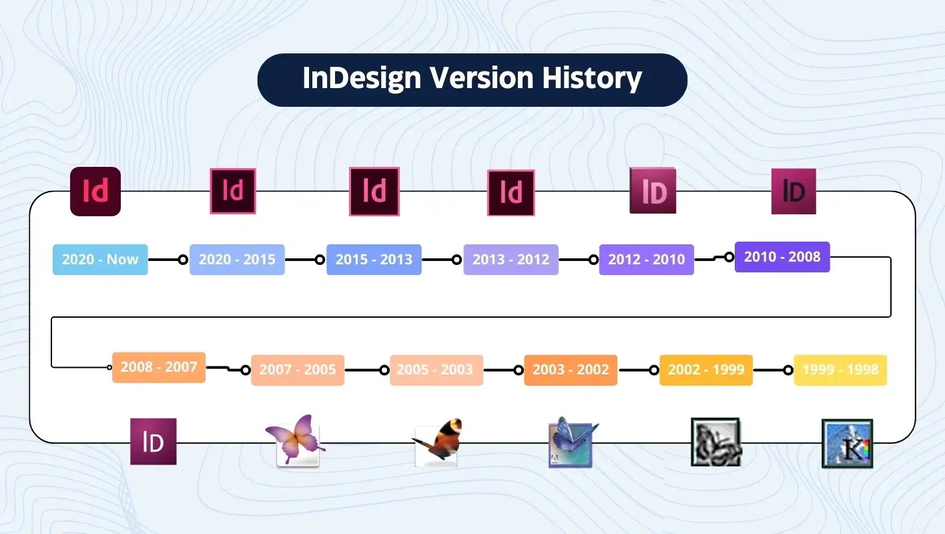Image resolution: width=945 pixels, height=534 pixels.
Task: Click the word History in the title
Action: tap(591, 79)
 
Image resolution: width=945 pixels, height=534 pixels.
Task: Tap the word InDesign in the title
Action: tap(362, 79)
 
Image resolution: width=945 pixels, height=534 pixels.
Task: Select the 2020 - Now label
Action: tap(100, 260)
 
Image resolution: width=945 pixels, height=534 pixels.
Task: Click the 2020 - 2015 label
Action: tap(237, 260)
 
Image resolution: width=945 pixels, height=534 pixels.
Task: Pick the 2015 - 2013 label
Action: tap(374, 260)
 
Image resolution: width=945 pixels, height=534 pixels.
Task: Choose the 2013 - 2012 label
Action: tap(511, 260)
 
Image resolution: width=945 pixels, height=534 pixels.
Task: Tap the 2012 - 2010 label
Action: tap(646, 260)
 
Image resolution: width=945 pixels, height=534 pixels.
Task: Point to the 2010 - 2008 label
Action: tap(782, 257)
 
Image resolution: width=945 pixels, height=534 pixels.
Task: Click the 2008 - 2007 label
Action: tap(159, 367)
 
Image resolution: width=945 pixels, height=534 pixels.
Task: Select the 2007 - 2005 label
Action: tap(298, 370)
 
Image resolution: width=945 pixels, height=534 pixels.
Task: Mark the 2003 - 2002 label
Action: tap(571, 370)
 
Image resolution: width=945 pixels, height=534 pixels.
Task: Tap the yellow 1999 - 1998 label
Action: tap(840, 370)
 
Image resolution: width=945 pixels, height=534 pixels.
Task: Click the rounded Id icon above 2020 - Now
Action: tap(95, 192)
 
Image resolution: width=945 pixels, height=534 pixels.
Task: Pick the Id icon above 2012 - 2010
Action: tap(653, 191)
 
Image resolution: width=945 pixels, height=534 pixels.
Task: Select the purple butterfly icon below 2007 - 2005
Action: tap(296, 441)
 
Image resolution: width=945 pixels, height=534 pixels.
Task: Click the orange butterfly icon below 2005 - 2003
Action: tap(437, 443)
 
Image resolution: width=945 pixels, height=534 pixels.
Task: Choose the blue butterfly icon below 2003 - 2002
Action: tap(572, 442)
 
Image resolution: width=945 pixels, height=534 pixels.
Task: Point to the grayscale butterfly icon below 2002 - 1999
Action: tap(716, 442)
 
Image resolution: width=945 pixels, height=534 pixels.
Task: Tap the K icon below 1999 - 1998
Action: tap(847, 443)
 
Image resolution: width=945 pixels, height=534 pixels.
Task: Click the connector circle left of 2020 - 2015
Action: tap(183, 260)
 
